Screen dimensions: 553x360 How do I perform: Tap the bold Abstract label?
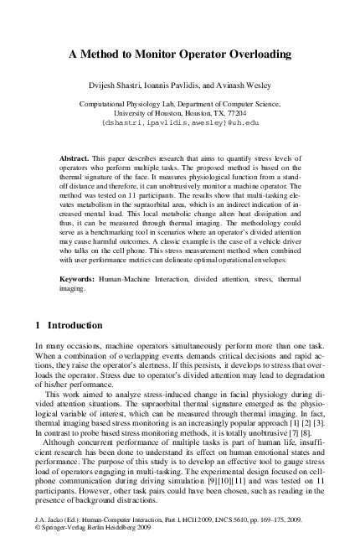click(x=78, y=158)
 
